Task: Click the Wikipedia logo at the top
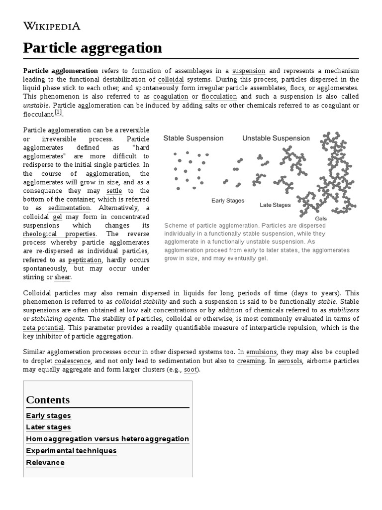[x=52, y=26]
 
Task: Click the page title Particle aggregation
[x=93, y=48]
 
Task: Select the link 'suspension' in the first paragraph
[x=249, y=71]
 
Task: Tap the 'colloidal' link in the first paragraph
[x=171, y=79]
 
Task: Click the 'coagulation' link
[x=171, y=96]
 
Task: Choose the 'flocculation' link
[x=219, y=96]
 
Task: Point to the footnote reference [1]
[x=59, y=113]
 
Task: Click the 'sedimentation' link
[x=69, y=208]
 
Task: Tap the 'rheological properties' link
[x=60, y=234]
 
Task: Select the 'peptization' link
[x=85, y=259]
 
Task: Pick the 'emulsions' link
[x=262, y=352]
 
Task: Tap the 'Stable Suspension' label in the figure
[x=193, y=138]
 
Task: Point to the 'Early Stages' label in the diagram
[x=228, y=200]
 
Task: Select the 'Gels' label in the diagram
[x=321, y=218]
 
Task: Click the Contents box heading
[x=48, y=399]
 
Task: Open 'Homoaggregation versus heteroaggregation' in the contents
[x=107, y=439]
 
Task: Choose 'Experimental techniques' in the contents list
[x=71, y=451]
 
